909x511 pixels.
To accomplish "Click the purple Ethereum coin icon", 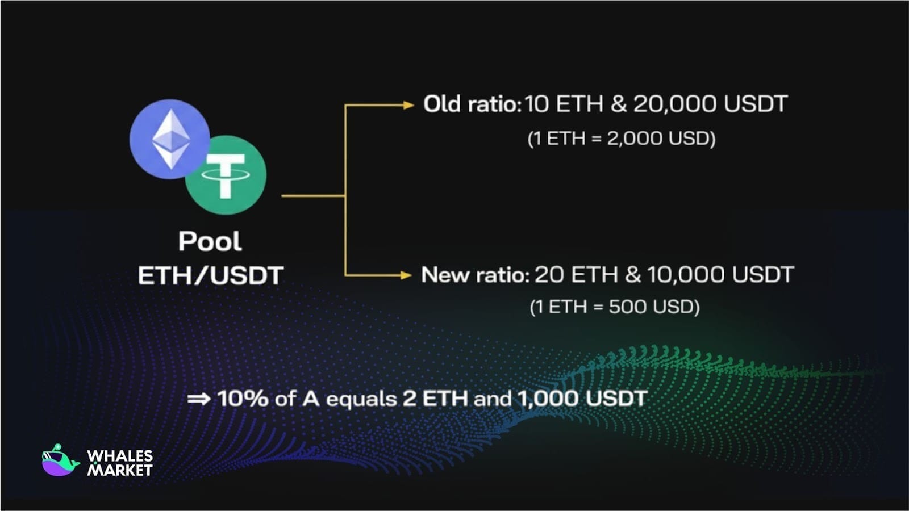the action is tap(170, 139).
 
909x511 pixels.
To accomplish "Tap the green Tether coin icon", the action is tap(226, 175).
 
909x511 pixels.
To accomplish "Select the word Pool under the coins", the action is tap(210, 241).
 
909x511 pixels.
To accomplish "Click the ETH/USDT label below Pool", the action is tap(211, 276).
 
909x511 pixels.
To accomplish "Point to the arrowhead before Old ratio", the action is tap(408, 106).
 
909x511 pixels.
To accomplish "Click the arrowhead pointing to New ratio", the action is tap(406, 275).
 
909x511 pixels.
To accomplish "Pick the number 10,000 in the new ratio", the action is tap(686, 275).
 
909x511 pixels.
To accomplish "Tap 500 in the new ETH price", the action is tap(628, 307).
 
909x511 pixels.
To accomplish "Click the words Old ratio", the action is tap(472, 104).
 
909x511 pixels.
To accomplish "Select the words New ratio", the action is tap(476, 275).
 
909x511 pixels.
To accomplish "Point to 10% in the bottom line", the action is tap(243, 398).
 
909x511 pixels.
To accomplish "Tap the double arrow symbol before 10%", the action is tap(199, 399).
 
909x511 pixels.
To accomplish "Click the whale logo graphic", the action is tap(60, 460).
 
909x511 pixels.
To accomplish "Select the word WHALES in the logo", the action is tap(120, 456).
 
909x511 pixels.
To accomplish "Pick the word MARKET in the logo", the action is tap(120, 470).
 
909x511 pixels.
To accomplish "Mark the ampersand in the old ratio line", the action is tap(619, 104).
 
